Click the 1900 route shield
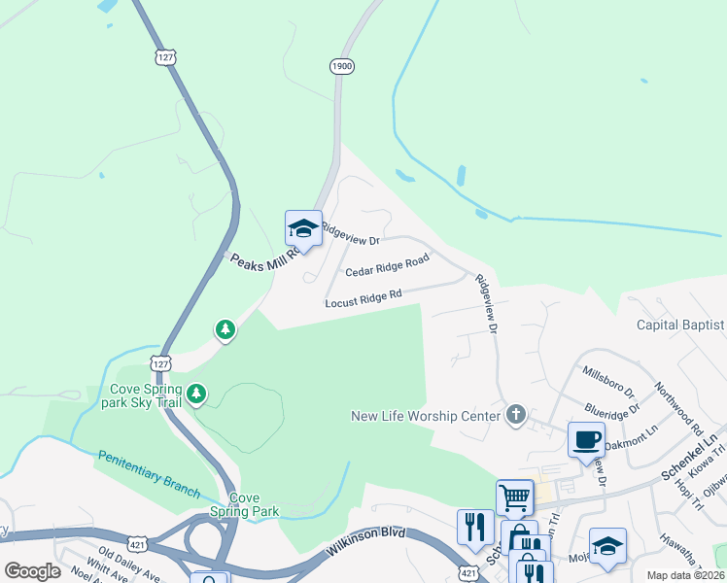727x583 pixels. [x=340, y=66]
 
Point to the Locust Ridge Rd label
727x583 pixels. [x=363, y=297]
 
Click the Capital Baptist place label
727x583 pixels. [x=680, y=325]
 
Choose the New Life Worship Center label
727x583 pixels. [x=426, y=416]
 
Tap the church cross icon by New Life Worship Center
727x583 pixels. [x=515, y=416]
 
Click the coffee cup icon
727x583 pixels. [x=586, y=439]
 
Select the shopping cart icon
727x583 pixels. [x=514, y=497]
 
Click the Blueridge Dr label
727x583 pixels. [x=609, y=402]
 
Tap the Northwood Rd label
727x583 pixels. [x=677, y=405]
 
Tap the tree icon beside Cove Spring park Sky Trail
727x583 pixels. [x=197, y=394]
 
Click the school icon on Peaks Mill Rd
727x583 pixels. [x=303, y=229]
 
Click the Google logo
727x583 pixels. [x=32, y=571]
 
